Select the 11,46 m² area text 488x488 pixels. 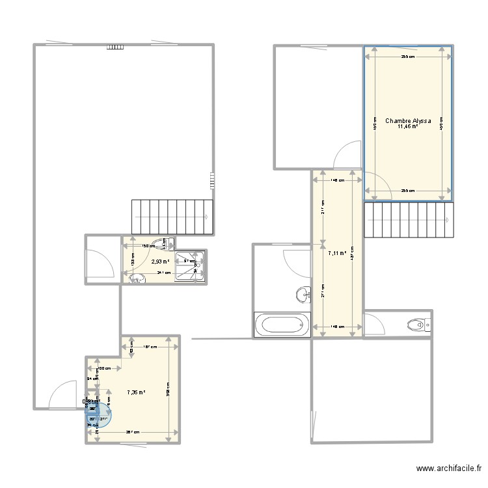point(407,127)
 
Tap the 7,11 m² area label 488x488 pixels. point(337,253)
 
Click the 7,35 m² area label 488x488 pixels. point(137,392)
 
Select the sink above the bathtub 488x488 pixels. point(303,295)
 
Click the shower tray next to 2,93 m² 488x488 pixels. point(189,266)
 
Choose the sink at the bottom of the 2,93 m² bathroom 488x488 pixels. point(136,278)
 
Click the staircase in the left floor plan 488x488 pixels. point(172,217)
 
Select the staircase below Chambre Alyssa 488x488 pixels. point(408,220)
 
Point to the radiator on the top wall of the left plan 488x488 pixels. point(115,46)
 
